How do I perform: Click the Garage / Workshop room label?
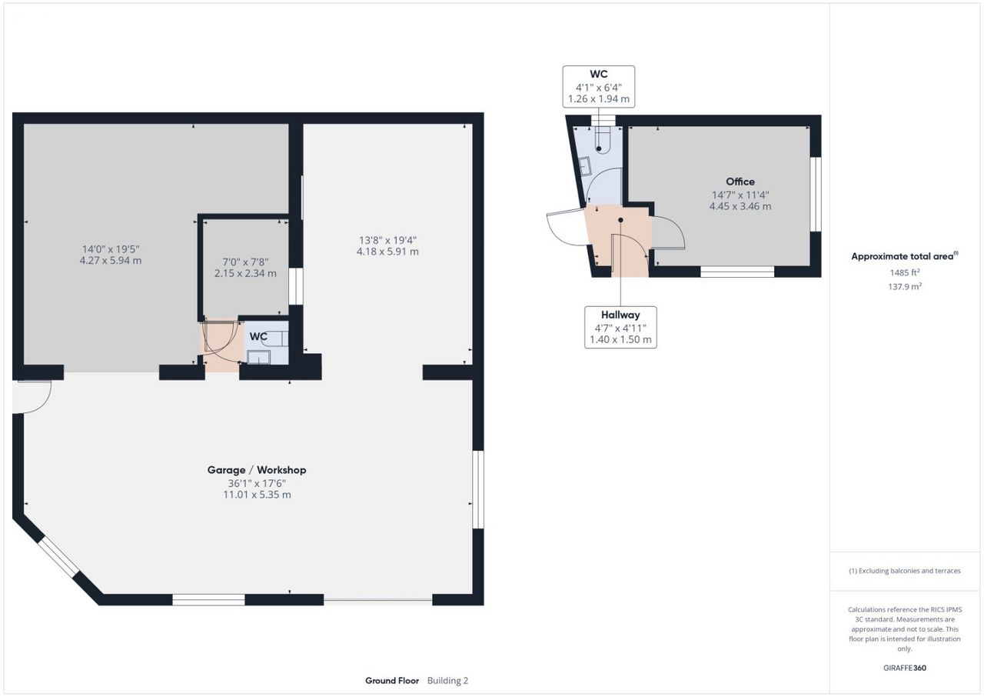tap(257, 470)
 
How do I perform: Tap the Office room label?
tap(740, 182)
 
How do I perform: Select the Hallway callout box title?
tap(620, 315)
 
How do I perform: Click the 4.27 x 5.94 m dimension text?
tap(111, 261)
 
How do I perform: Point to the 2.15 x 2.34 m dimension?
tap(245, 273)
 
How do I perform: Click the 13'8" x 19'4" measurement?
tap(388, 240)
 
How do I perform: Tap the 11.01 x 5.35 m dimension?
tap(257, 495)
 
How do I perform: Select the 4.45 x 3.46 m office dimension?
tap(740, 206)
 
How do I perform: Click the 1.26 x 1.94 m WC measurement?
tap(599, 99)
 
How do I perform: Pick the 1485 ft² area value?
tap(905, 272)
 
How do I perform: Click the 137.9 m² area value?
tap(905, 286)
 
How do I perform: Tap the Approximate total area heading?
tap(905, 256)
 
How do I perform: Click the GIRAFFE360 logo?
tap(905, 668)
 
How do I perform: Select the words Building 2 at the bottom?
tap(447, 681)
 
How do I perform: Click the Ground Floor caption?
tap(392, 681)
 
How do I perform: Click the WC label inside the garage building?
tap(258, 337)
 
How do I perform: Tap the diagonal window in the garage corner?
tap(58, 557)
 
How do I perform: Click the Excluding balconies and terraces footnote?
tap(905, 571)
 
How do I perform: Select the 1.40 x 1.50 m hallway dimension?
tap(620, 340)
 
